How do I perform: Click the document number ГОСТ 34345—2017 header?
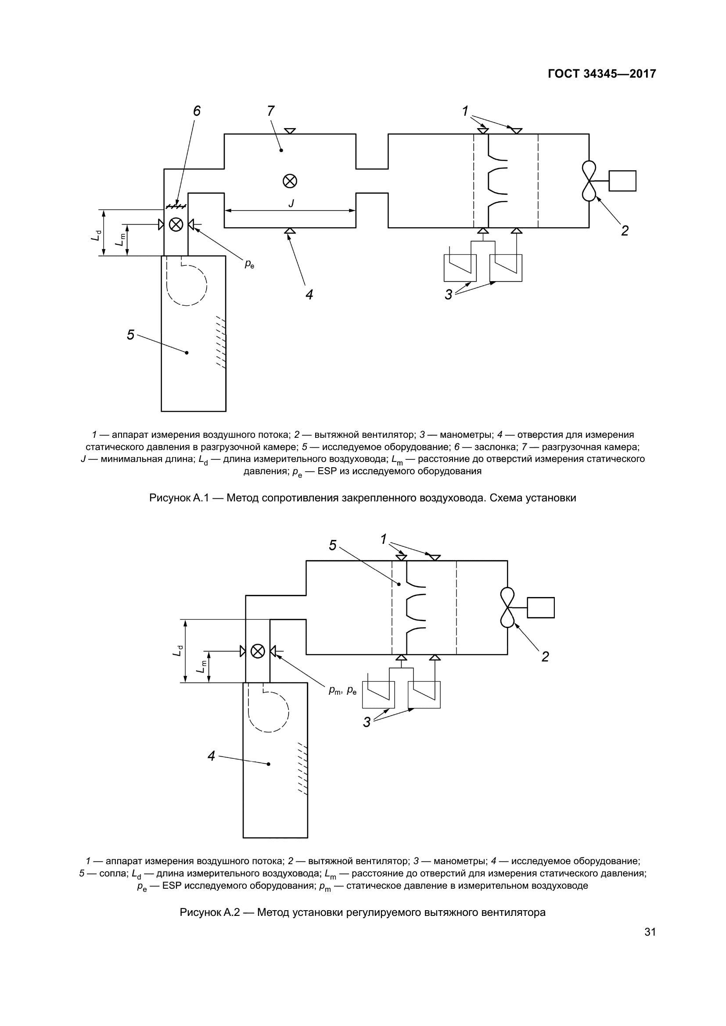tap(602, 74)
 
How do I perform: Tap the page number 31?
tap(650, 932)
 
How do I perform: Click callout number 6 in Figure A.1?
tap(197, 111)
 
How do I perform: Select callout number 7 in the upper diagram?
tap(270, 111)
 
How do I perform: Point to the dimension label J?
tap(291, 204)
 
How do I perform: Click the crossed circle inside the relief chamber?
tap(290, 181)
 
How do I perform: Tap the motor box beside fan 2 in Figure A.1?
tap(622, 181)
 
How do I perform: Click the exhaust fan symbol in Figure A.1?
tap(589, 181)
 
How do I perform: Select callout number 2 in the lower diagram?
tap(545, 657)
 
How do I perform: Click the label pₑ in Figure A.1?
tap(249, 264)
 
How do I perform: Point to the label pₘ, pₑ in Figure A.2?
tap(342, 690)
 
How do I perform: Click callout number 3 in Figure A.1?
tap(449, 294)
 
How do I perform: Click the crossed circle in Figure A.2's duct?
tap(258, 651)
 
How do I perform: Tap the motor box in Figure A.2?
tap(540, 608)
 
